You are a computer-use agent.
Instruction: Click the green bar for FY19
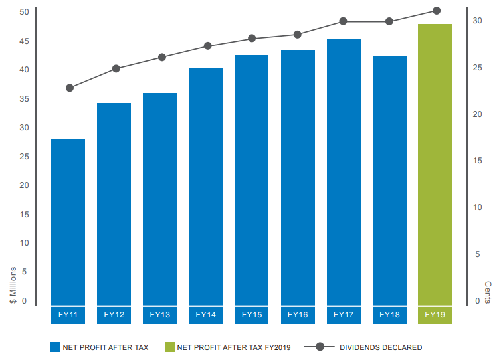pyautogui.click(x=435, y=164)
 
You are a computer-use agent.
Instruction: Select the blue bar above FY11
pyautogui.click(x=68, y=222)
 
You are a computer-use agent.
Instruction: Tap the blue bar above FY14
pyautogui.click(x=205, y=186)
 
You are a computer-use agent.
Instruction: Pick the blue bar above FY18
pyautogui.click(x=389, y=180)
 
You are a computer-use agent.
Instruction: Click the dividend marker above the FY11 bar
pyautogui.click(x=70, y=88)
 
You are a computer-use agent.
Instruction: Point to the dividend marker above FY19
pyautogui.click(x=437, y=11)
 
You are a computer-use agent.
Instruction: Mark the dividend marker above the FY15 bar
pyautogui.click(x=252, y=39)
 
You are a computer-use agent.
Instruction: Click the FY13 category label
pyautogui.click(x=159, y=315)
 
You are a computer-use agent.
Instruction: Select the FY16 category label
pyautogui.click(x=298, y=315)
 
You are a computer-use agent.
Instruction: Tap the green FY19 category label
pyautogui.click(x=435, y=315)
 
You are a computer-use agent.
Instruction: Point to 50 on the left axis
pyautogui.click(x=24, y=12)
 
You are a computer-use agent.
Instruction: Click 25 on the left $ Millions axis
pyautogui.click(x=24, y=157)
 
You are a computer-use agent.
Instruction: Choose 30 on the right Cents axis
pyautogui.click(x=477, y=21)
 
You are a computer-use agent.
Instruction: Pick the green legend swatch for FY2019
pyautogui.click(x=169, y=347)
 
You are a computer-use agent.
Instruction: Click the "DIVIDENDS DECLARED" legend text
pyautogui.click(x=381, y=347)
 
